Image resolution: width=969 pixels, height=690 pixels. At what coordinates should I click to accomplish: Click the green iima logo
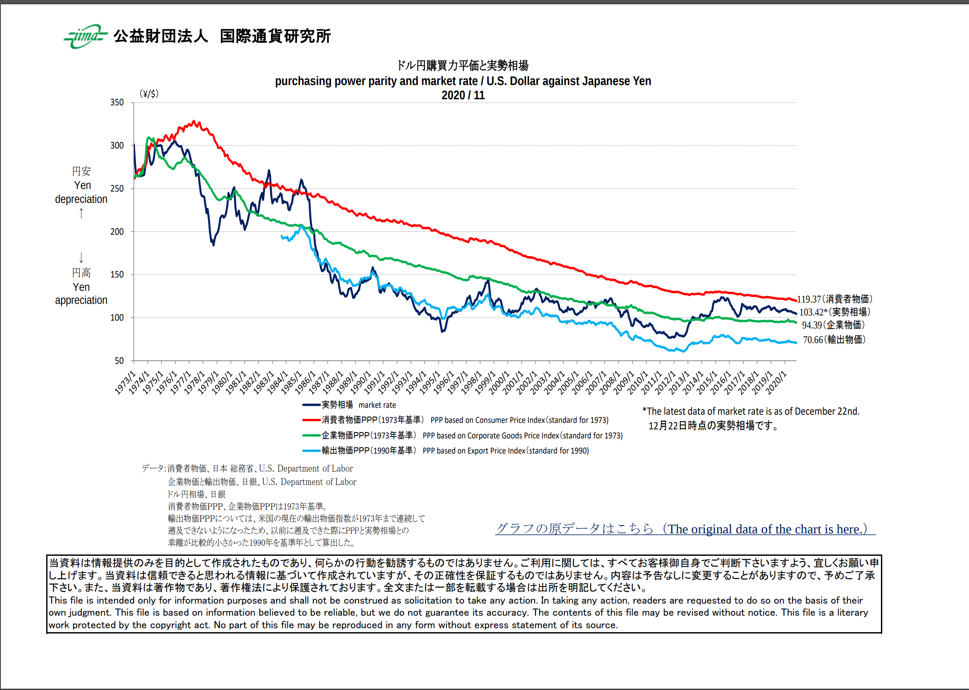pyautogui.click(x=85, y=36)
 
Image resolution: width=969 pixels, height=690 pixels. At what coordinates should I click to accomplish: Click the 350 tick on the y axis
pyautogui.click(x=117, y=103)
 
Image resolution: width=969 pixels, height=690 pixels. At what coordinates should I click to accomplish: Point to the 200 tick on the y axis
pyautogui.click(x=117, y=232)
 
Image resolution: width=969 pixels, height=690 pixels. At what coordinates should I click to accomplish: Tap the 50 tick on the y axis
pyautogui.click(x=119, y=361)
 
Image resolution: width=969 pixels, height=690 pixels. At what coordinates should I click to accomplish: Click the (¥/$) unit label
pyautogui.click(x=149, y=94)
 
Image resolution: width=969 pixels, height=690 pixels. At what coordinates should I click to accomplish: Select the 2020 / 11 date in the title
pyautogui.click(x=463, y=95)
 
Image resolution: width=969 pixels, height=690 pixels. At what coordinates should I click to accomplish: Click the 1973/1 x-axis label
pyautogui.click(x=125, y=382)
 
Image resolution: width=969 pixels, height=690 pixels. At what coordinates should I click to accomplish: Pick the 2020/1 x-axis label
pyautogui.click(x=776, y=382)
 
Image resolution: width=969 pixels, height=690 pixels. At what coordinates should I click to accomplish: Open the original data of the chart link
pyautogui.click(x=685, y=529)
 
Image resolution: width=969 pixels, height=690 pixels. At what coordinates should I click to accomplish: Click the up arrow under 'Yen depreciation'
pyautogui.click(x=81, y=214)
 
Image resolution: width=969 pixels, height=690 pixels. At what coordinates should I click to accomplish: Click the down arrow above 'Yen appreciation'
pyautogui.click(x=81, y=258)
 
